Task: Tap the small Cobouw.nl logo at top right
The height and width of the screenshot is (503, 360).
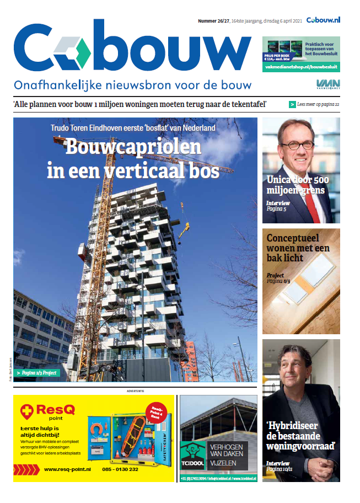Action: click(x=324, y=20)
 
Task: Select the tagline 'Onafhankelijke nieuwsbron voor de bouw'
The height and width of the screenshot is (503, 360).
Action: click(x=132, y=85)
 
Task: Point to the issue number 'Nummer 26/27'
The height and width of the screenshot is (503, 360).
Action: click(x=214, y=21)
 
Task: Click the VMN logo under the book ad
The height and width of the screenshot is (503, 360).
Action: click(x=324, y=84)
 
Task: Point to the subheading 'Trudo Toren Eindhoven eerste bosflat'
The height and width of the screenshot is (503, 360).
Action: click(x=133, y=128)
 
